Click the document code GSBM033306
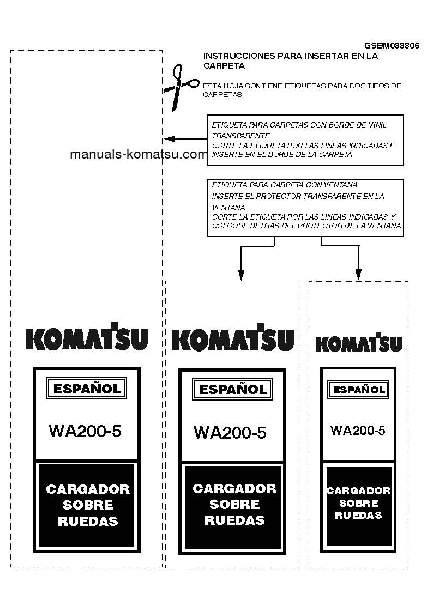(x=392, y=46)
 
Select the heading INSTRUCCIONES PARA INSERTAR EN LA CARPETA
(x=290, y=60)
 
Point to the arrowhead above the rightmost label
(x=358, y=274)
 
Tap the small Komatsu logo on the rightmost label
(x=358, y=343)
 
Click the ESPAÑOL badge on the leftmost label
(x=87, y=389)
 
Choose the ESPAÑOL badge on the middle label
(x=232, y=389)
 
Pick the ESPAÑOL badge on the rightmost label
(x=358, y=390)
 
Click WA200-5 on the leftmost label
(x=85, y=431)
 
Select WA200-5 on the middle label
(x=230, y=433)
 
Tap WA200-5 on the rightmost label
(x=358, y=430)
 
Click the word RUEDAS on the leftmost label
(x=88, y=522)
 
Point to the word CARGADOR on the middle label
(x=234, y=489)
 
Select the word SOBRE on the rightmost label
(x=358, y=504)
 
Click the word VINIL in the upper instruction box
(x=376, y=125)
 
